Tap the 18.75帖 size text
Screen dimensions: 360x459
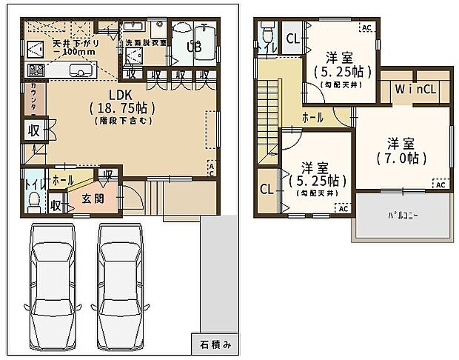[123, 107]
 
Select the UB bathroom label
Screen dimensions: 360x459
[194, 46]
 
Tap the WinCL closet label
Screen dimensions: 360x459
[414, 90]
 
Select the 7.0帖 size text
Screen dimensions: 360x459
[402, 158]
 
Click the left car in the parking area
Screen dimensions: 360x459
[53, 290]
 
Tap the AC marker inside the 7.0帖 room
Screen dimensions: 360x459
[440, 184]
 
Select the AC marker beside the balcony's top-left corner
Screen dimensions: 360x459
[342, 209]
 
